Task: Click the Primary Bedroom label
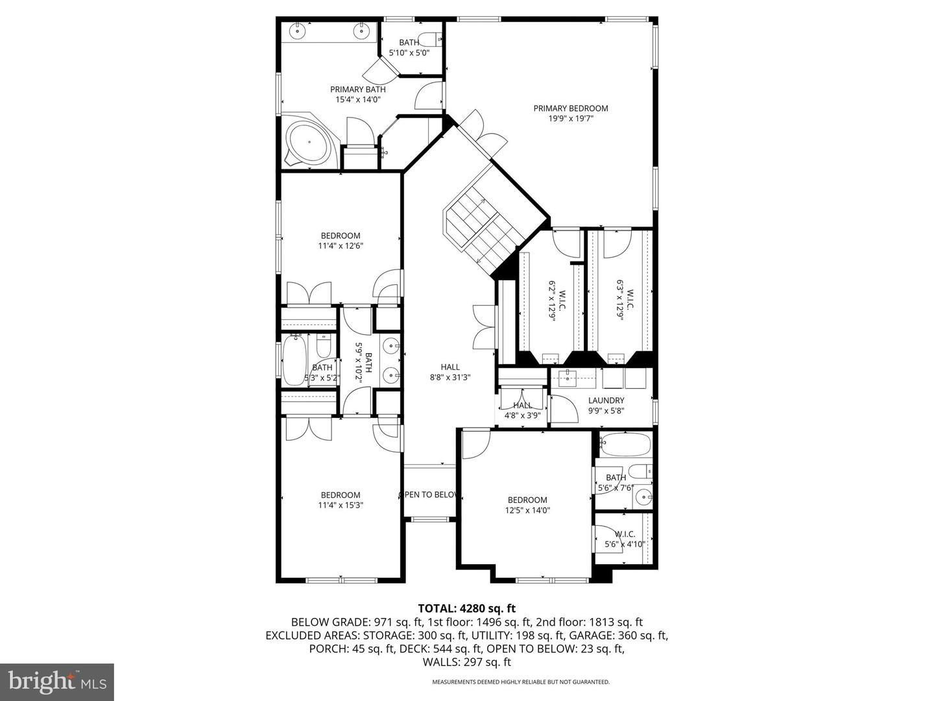tap(571, 108)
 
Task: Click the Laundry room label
tap(606, 400)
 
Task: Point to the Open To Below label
tap(429, 495)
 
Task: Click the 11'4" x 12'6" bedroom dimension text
tap(340, 246)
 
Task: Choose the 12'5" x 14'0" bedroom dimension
tap(527, 510)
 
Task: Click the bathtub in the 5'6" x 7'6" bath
tap(625, 445)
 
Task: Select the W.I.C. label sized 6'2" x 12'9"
tap(553, 305)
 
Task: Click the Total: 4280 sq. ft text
tap(466, 608)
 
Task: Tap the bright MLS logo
tap(57, 682)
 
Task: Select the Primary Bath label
tap(357, 90)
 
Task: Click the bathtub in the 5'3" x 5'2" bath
tap(294, 360)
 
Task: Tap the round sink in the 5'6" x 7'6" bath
tap(643, 498)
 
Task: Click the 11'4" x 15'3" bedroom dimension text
tap(340, 505)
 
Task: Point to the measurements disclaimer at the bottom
tap(521, 682)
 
